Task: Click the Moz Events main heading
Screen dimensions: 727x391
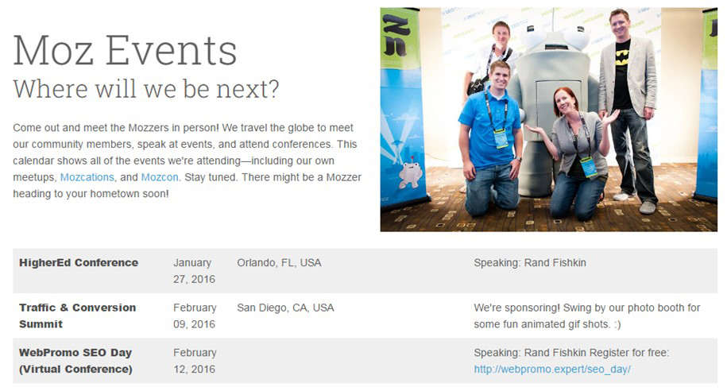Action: tap(125, 50)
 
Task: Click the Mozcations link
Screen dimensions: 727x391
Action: tap(87, 177)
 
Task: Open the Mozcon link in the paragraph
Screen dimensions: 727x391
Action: tap(160, 177)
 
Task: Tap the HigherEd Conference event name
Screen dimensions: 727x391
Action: tap(79, 262)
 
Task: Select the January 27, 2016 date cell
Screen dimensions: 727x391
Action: tap(195, 271)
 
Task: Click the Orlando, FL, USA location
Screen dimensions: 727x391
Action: tap(279, 262)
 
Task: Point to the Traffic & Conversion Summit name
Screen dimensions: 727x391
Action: tap(77, 316)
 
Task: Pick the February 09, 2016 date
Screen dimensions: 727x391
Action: tap(195, 316)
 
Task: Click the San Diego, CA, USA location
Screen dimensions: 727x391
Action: tap(285, 308)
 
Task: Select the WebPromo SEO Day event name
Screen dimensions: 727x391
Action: tap(75, 361)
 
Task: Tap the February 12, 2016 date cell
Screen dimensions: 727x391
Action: tap(195, 361)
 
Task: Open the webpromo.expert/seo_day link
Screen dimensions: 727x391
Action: tap(552, 370)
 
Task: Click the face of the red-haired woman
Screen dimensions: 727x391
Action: tap(566, 103)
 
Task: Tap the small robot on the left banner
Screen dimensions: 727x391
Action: tap(410, 174)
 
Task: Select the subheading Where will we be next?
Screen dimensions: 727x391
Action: tap(146, 89)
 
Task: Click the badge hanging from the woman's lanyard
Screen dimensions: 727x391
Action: tap(589, 167)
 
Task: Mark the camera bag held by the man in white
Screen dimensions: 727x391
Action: tap(478, 86)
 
